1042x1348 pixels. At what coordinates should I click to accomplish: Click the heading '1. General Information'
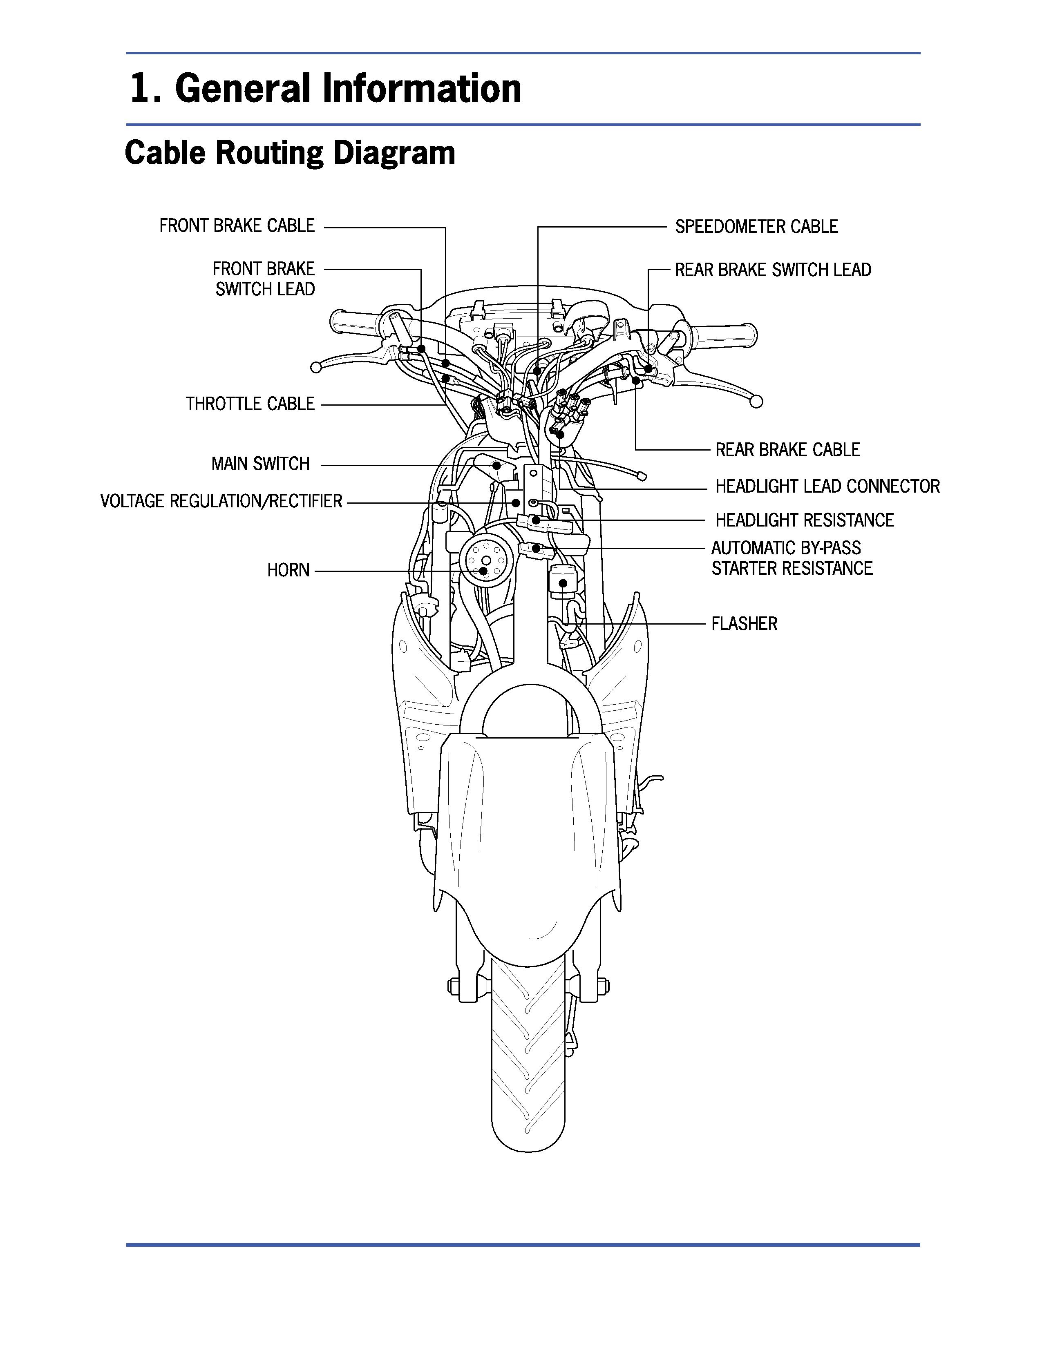point(325,88)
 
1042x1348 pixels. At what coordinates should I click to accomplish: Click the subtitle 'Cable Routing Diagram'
point(290,152)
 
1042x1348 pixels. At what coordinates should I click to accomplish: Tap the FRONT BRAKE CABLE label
point(237,226)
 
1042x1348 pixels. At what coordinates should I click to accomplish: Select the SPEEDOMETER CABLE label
point(756,227)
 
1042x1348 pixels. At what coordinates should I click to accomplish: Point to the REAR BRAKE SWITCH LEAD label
point(772,270)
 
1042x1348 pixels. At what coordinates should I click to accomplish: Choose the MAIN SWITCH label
point(260,464)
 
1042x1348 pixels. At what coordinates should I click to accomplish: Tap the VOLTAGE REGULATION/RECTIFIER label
point(221,501)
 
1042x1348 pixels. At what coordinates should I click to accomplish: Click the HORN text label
point(288,570)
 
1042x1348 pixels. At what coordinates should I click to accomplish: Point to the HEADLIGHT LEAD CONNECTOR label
point(827,487)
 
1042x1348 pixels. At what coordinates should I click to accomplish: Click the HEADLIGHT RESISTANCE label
point(804,520)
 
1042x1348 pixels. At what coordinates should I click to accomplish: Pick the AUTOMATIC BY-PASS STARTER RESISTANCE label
point(792,558)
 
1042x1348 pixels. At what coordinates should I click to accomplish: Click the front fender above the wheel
point(525,833)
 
